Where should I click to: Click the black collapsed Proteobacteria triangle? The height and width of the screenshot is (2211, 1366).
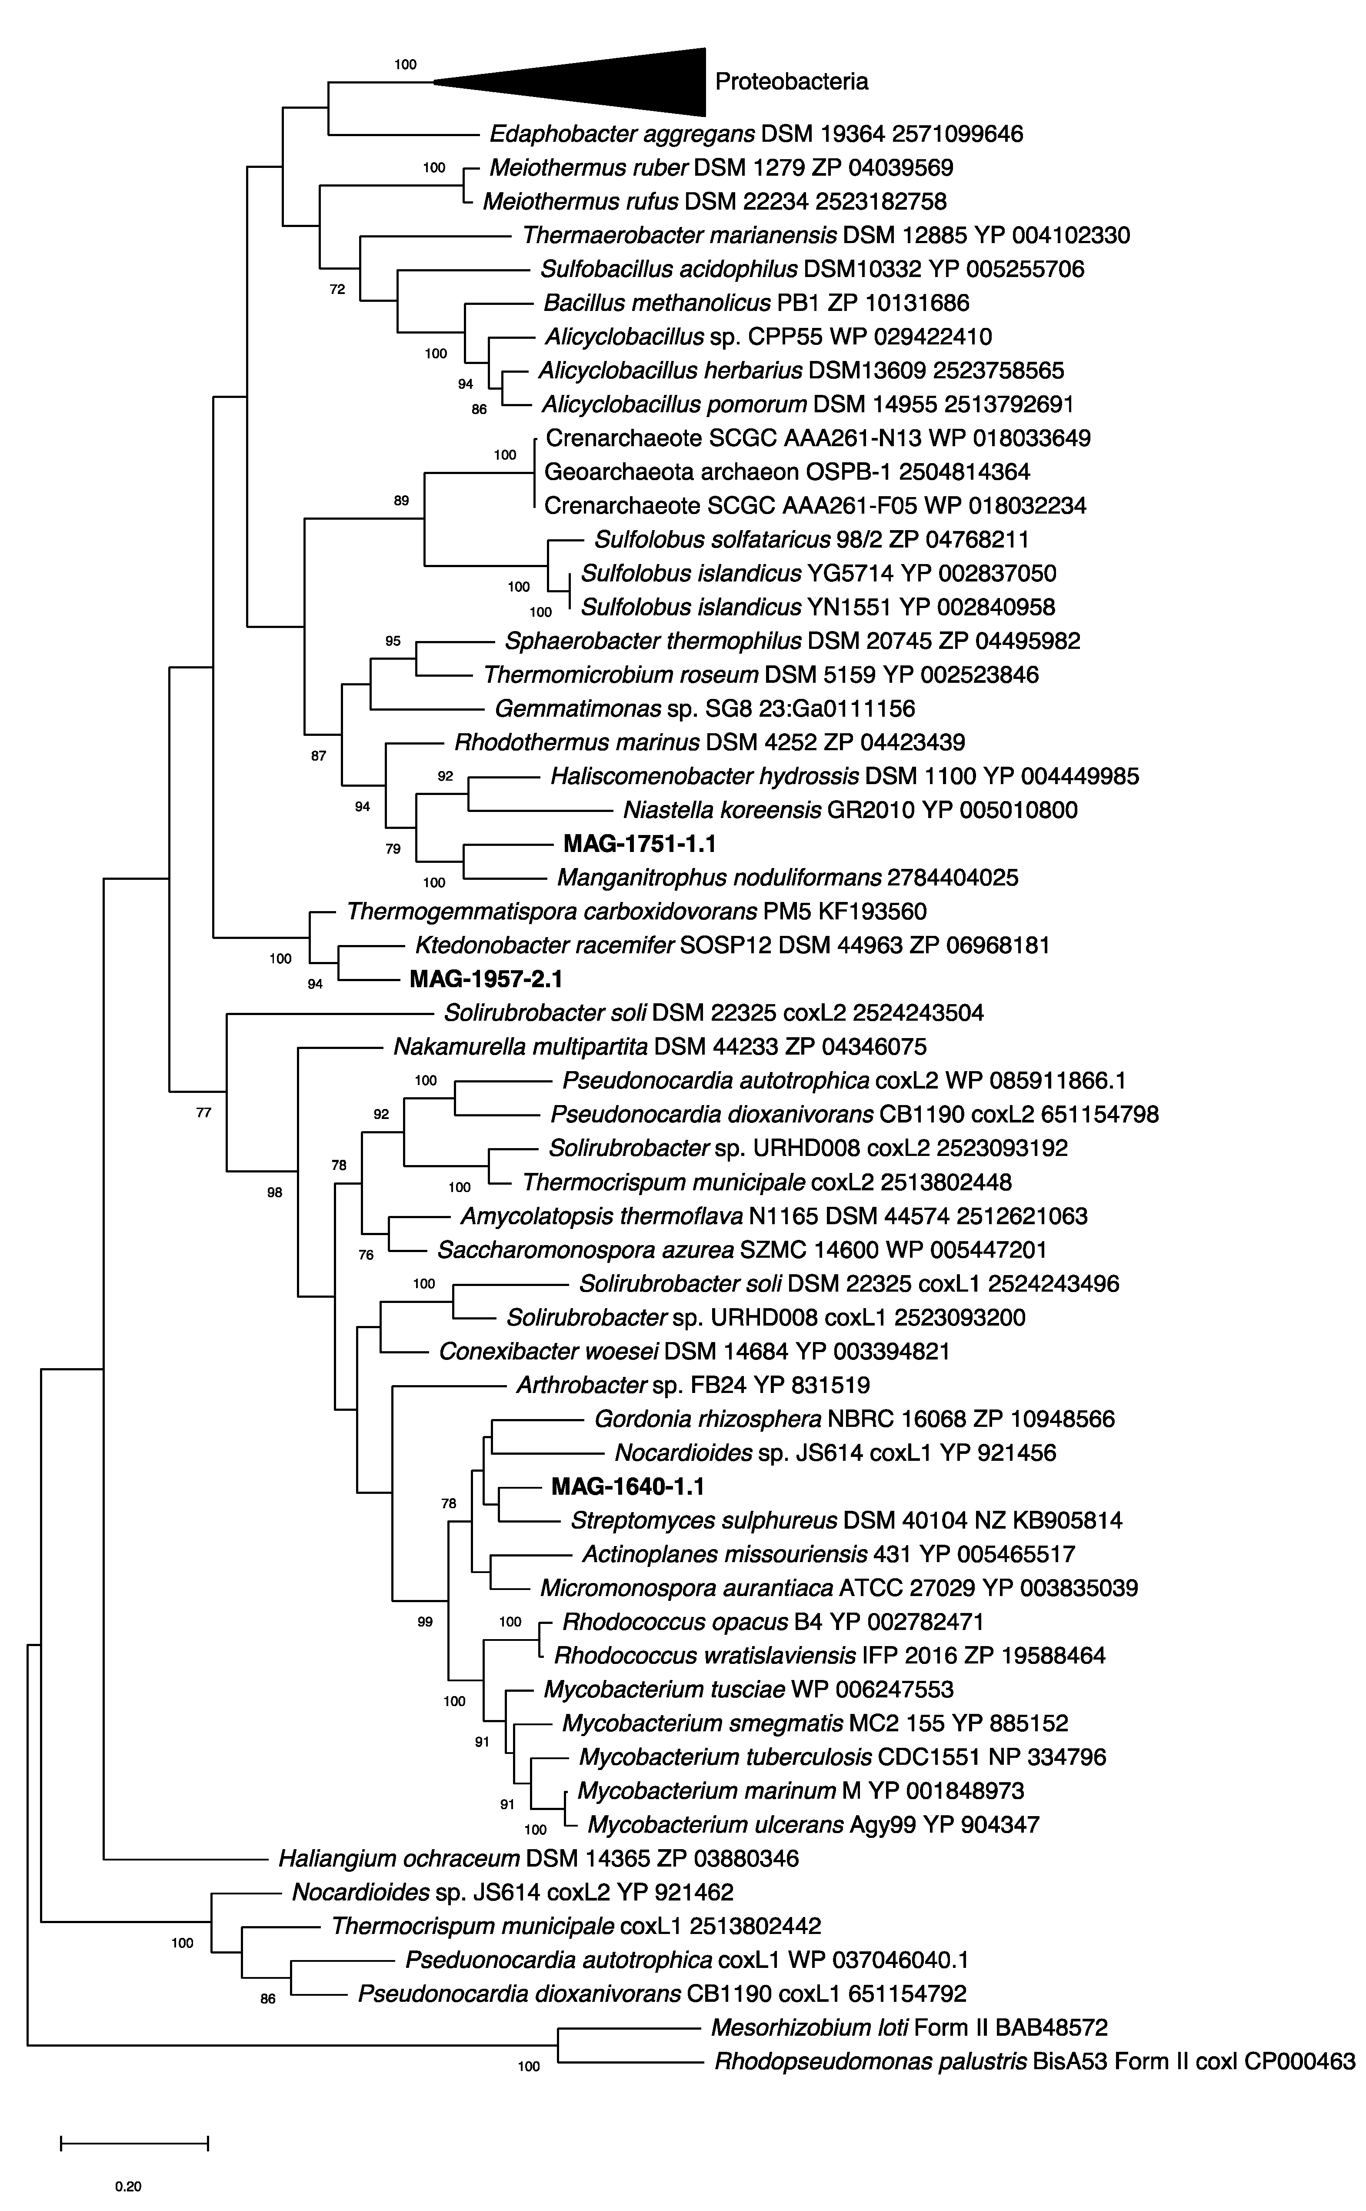614,82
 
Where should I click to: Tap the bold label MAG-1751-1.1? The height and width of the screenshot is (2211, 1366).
639,844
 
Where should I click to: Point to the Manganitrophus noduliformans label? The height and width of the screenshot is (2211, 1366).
788,877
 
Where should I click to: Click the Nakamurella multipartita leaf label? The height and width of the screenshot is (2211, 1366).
660,1047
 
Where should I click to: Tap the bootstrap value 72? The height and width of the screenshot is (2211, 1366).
337,290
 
